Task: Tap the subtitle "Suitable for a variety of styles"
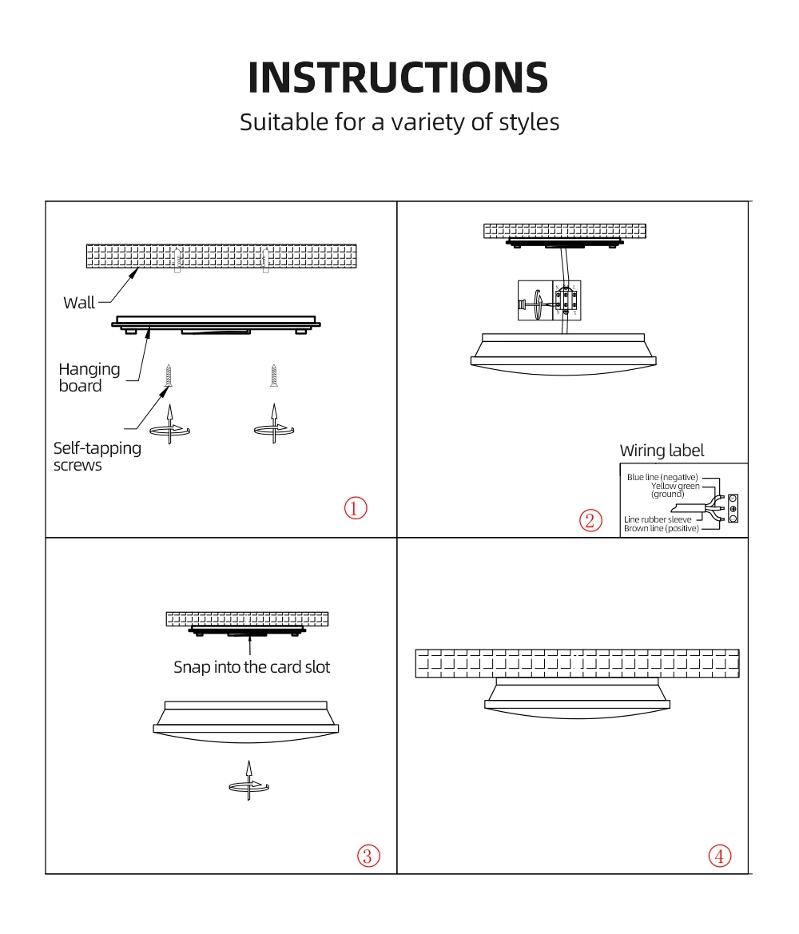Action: [x=399, y=122]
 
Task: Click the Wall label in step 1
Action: [x=78, y=303]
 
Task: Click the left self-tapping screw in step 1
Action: [x=168, y=376]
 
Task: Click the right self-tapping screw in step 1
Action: [x=273, y=376]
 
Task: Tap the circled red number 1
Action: [x=356, y=508]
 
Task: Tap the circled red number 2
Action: [x=590, y=521]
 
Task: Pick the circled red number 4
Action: [x=720, y=856]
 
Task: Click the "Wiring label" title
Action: [x=662, y=451]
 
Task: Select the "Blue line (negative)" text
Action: [x=662, y=477]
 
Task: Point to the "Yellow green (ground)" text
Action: [x=674, y=490]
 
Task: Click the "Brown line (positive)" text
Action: [x=661, y=528]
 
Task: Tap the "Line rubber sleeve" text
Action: [x=658, y=519]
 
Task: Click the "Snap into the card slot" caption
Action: [x=252, y=667]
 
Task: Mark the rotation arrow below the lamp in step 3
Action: [x=248, y=786]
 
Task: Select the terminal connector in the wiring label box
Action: [x=733, y=508]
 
